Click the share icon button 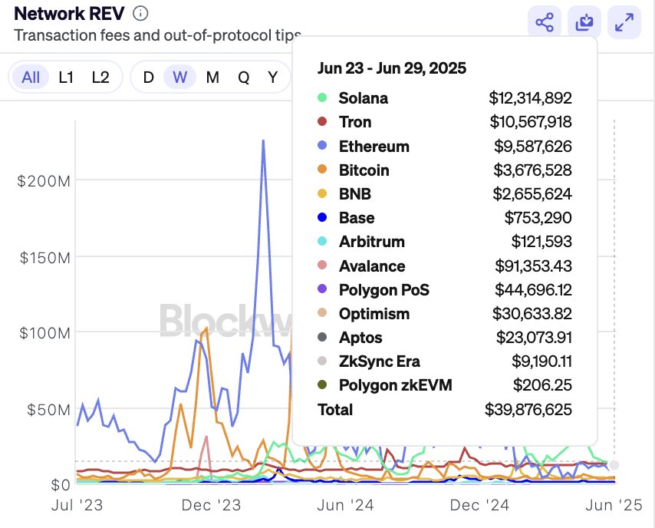click(545, 23)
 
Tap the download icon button click(584, 23)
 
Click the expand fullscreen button click(624, 23)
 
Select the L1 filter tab click(67, 78)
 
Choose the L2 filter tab click(100, 78)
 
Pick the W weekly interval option click(180, 78)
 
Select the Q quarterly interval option click(243, 78)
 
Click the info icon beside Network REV click(140, 14)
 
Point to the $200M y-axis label click(44, 181)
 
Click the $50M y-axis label click(48, 409)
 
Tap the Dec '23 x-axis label click(211, 506)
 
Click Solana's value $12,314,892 click(530, 98)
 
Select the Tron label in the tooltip click(355, 122)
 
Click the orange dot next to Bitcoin click(322, 170)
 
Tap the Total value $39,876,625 click(528, 410)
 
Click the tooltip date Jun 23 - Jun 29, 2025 click(391, 68)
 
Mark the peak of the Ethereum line click(263, 141)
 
